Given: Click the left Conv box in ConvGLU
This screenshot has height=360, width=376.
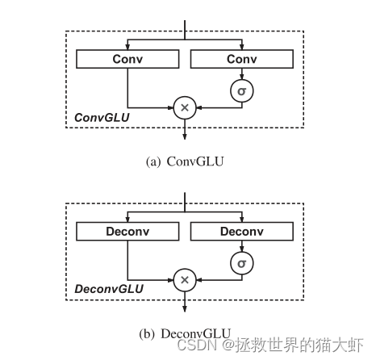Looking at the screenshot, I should (127, 59).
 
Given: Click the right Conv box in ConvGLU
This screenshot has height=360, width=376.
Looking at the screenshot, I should (241, 59).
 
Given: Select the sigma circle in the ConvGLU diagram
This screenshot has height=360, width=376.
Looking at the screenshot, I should (241, 90).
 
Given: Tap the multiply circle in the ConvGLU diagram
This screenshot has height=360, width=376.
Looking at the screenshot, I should (185, 107).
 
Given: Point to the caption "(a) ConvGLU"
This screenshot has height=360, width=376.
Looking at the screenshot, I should (185, 161).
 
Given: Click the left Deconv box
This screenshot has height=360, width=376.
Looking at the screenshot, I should (127, 232).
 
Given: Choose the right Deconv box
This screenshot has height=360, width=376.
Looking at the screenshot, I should (241, 232).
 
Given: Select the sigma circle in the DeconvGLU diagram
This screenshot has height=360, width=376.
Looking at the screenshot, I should (241, 263).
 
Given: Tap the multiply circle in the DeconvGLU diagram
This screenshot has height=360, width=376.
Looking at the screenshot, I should (185, 279).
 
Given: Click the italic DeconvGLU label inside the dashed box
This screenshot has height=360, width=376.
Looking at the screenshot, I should (108, 289).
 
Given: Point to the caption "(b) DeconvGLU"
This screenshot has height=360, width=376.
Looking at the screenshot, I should (185, 333).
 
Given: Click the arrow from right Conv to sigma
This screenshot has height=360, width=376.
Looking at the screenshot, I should (241, 74).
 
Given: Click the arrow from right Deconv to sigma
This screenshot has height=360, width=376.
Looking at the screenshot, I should (241, 247).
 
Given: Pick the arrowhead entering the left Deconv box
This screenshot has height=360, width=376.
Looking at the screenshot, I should (127, 219).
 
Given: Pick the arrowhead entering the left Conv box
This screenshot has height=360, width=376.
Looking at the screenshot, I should (127, 46).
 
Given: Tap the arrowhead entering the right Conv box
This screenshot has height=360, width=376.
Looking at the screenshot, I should (241, 46).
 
